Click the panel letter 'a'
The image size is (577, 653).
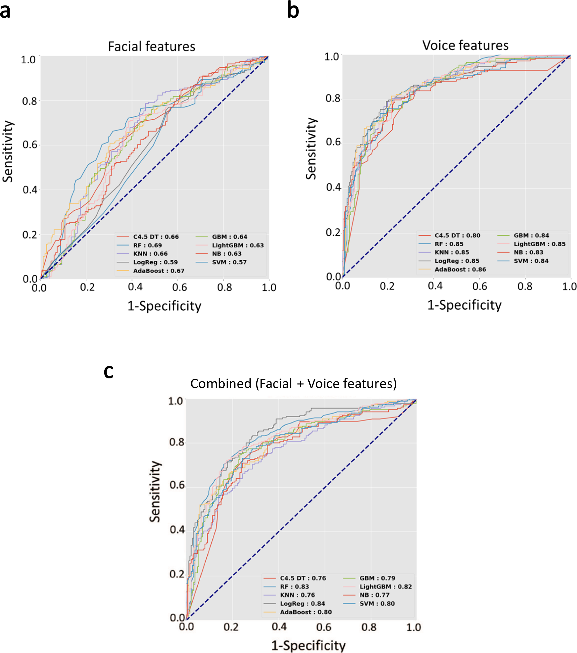pyautogui.click(x=5, y=12)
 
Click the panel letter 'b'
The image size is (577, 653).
pyautogui.click(x=293, y=10)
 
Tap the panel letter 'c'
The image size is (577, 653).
pyautogui.click(x=109, y=372)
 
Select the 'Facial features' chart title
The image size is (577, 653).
pyautogui.click(x=151, y=47)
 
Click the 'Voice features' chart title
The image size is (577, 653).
pyautogui.click(x=465, y=45)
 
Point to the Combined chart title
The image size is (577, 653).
pyautogui.click(x=293, y=384)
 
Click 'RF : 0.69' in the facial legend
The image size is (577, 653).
pyautogui.click(x=147, y=245)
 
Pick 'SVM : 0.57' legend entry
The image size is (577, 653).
pyautogui.click(x=229, y=262)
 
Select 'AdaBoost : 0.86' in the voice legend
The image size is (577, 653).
pyautogui.click(x=460, y=269)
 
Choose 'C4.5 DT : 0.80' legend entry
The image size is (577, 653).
pyautogui.click(x=457, y=235)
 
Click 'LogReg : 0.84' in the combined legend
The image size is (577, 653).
pyautogui.click(x=302, y=604)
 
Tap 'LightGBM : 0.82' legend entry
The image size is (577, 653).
pyautogui.click(x=385, y=587)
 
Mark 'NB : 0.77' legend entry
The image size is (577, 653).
pyautogui.click(x=374, y=595)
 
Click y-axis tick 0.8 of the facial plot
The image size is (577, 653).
pyautogui.click(x=30, y=101)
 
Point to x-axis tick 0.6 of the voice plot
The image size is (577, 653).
pyautogui.click(x=479, y=286)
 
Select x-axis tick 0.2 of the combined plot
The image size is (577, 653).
pyautogui.click(x=231, y=627)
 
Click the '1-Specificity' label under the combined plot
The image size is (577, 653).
pyautogui.click(x=308, y=645)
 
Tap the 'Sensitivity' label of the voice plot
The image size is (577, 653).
pyautogui.click(x=311, y=148)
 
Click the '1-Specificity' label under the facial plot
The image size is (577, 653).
pyautogui.click(x=164, y=306)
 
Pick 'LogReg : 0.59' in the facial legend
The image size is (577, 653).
pyautogui.click(x=155, y=262)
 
